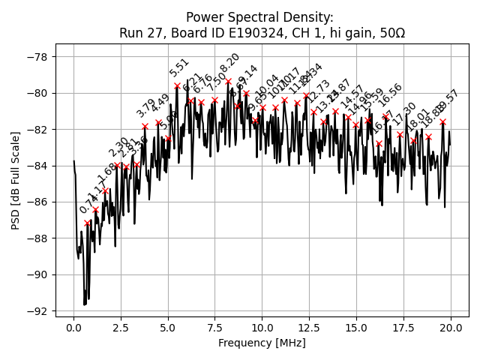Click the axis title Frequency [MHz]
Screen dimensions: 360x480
tap(262, 343)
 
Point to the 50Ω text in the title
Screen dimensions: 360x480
tap(391, 33)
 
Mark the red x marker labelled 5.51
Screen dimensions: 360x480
tap(177, 85)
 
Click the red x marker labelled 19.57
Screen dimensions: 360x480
tap(442, 121)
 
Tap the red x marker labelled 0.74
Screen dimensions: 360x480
tap(87, 223)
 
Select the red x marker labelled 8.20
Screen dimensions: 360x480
tap(228, 81)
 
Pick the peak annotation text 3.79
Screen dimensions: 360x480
tap(146, 107)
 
